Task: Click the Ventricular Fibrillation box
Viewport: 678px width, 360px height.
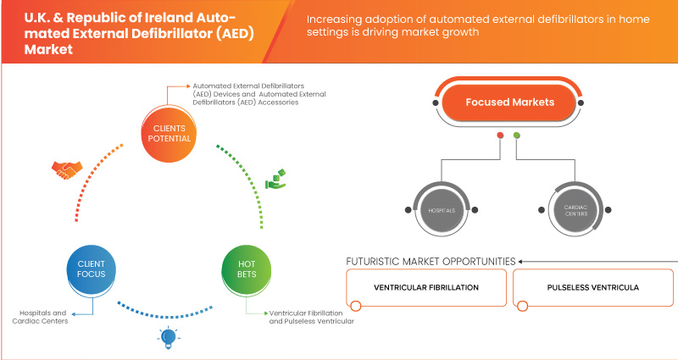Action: [426, 287]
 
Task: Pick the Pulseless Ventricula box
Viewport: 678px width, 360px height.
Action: [592, 287]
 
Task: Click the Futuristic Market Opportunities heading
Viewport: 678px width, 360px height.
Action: [431, 261]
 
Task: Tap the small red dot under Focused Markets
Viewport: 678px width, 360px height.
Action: [501, 135]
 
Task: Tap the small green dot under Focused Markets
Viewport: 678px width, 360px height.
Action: [517, 135]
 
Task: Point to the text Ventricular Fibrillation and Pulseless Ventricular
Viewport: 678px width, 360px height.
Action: [310, 317]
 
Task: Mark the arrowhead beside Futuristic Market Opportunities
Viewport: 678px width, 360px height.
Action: [521, 261]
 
